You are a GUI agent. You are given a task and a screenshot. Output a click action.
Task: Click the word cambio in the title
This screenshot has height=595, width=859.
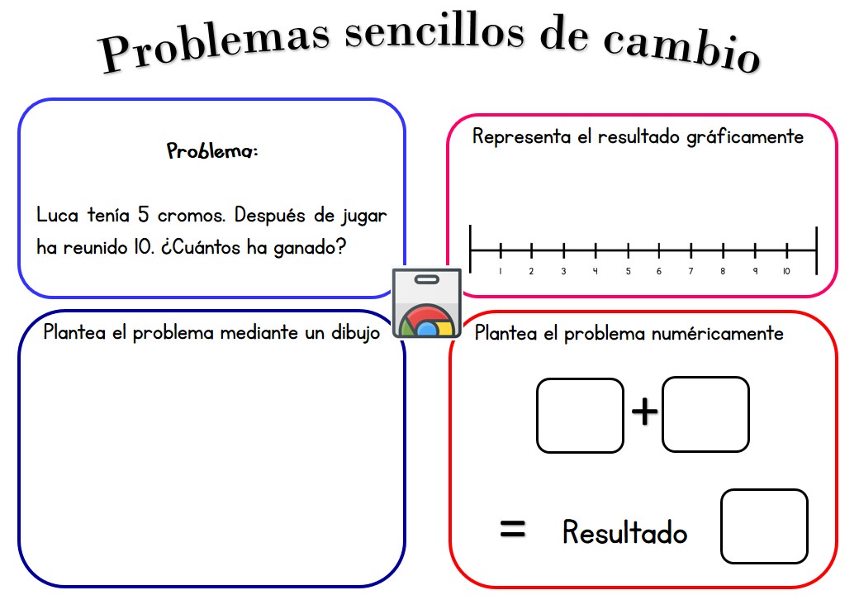[682, 50]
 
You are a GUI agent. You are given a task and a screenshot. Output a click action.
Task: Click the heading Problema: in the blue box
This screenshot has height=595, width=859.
[212, 150]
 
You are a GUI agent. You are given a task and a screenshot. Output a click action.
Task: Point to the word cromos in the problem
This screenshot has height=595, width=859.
[191, 216]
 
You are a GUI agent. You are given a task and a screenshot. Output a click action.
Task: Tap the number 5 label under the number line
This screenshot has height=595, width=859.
[628, 271]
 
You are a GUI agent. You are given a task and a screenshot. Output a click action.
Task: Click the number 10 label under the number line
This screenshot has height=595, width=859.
[786, 271]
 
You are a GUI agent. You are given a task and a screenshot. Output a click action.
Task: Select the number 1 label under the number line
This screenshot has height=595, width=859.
[501, 271]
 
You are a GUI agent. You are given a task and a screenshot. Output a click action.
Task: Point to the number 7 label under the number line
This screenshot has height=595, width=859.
[691, 271]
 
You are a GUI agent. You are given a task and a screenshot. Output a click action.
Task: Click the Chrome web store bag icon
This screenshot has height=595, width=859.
[427, 303]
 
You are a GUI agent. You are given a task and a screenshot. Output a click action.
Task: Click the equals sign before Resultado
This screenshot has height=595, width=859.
[513, 529]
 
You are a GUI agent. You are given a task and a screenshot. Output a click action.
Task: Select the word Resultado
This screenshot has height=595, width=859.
[624, 531]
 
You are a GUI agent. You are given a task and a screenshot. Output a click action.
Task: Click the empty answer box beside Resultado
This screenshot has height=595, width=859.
[764, 526]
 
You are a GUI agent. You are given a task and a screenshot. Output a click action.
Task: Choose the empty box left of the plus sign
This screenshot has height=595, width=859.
[580, 416]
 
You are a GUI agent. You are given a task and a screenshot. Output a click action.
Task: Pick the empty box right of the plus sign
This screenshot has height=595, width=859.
[705, 415]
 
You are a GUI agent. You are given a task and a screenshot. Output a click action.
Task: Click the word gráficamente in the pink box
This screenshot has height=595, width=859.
[745, 137]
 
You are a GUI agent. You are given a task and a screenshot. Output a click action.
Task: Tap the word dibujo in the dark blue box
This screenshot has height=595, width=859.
[355, 333]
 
